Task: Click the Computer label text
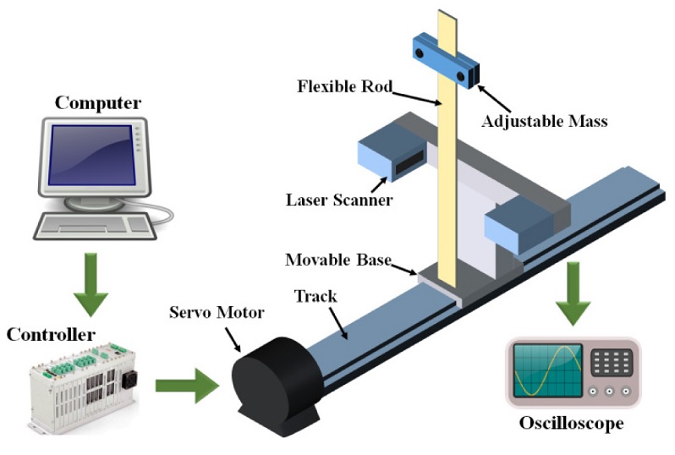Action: point(98,102)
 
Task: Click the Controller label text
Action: point(51,334)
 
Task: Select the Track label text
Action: point(315,297)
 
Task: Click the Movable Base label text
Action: point(338,259)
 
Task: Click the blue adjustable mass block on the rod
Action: point(445,60)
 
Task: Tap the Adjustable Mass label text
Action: point(545,122)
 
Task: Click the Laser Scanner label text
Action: point(338,200)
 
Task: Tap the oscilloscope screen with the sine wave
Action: point(546,370)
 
